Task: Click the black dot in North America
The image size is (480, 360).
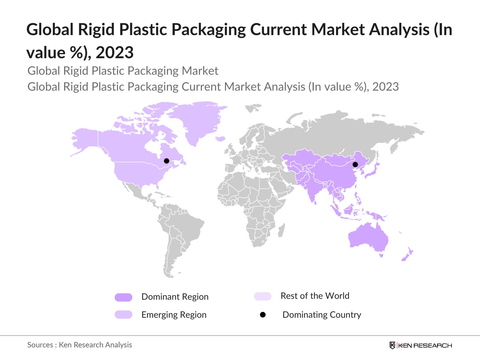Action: (x=166, y=161)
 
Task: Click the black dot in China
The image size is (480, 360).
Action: (x=355, y=164)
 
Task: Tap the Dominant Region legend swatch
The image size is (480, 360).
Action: (x=123, y=297)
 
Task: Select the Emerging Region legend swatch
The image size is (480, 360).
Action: (x=123, y=315)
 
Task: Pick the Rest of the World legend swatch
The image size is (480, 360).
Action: (x=262, y=296)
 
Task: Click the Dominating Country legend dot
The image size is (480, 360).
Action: (x=263, y=315)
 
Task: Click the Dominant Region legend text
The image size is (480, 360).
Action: (x=175, y=297)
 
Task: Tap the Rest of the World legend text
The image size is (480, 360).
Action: (x=315, y=296)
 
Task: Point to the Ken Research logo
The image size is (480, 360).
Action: (x=421, y=345)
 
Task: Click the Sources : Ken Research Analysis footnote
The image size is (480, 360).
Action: (x=79, y=345)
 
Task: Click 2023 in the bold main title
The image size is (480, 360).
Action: (x=115, y=52)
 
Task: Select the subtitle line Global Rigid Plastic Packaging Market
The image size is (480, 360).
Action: (x=123, y=71)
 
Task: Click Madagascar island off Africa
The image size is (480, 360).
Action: (x=281, y=231)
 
